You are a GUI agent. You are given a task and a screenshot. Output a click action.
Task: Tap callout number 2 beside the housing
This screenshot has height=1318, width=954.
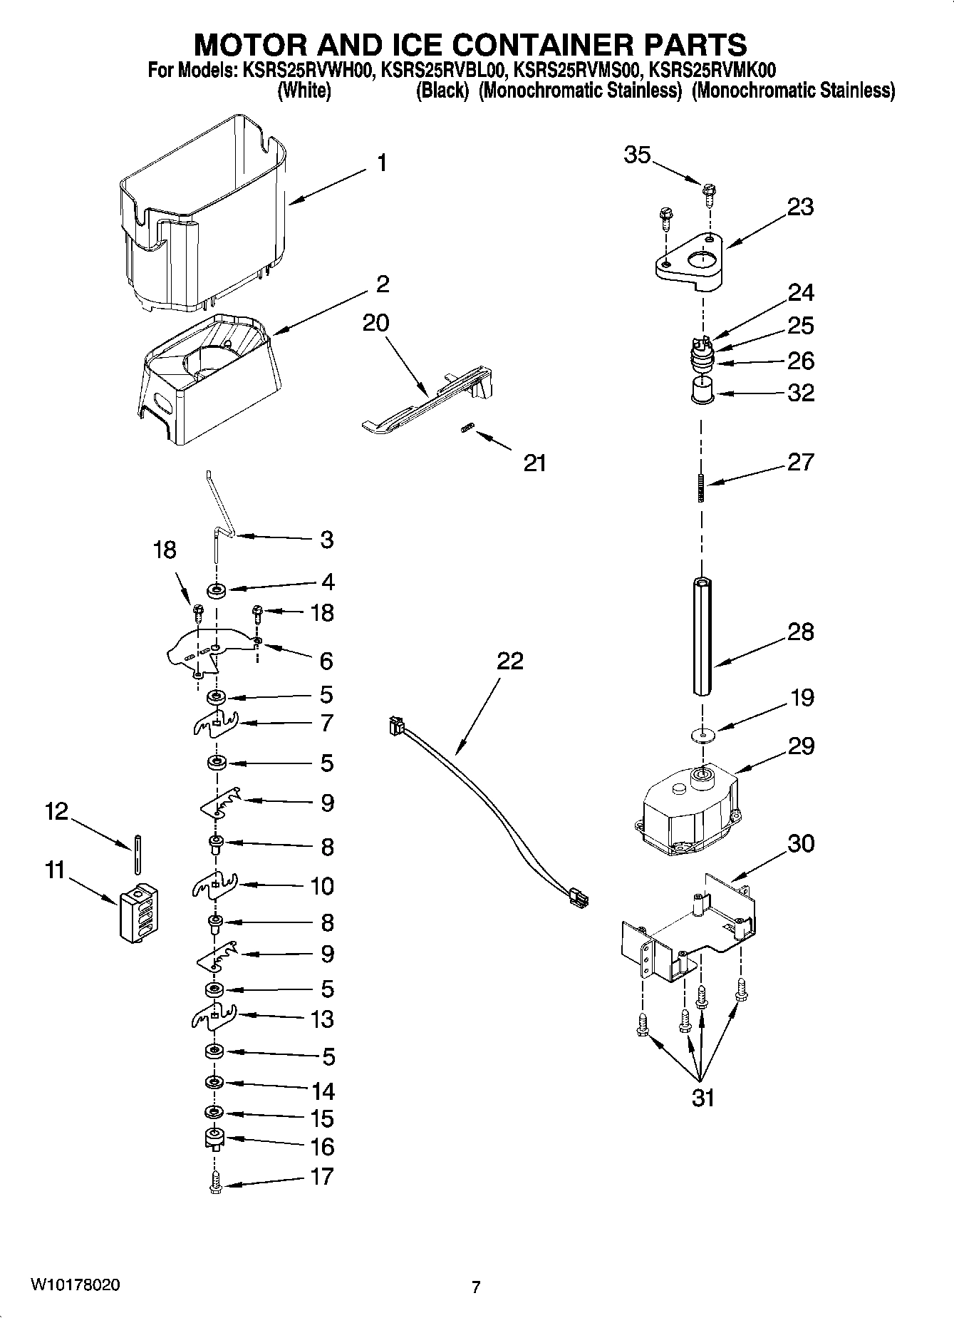point(383,284)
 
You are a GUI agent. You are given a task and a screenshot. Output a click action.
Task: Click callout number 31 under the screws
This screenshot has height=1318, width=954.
point(702,1098)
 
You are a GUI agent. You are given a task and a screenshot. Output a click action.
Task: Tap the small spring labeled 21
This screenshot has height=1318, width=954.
point(467,428)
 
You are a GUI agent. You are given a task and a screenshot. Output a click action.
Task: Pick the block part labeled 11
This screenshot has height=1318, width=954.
point(138,914)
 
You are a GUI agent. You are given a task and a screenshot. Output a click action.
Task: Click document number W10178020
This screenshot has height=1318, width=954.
point(75,1285)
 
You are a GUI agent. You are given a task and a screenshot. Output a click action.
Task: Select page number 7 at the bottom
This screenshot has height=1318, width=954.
point(476,1287)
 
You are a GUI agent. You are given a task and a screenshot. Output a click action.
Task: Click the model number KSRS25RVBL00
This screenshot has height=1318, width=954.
point(445,70)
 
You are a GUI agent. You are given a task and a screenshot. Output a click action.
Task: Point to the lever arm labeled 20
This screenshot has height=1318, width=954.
point(427,403)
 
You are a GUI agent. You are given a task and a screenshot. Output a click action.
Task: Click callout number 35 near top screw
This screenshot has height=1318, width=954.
point(637,155)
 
